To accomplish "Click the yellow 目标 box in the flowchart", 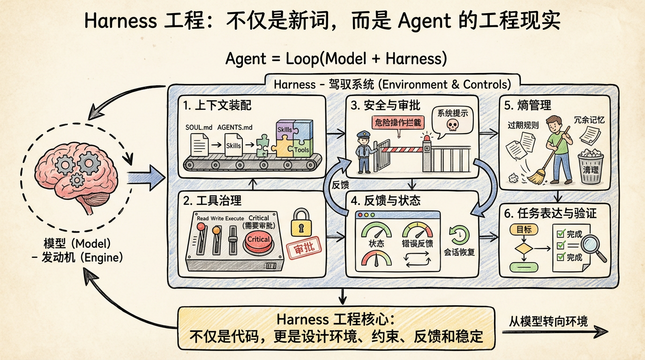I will tap(524, 229).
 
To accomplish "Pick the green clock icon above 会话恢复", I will tap(459, 234).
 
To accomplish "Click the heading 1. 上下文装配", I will tap(217, 105).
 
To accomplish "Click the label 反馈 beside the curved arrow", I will tap(341, 185).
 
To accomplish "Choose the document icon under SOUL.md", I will tap(198, 145).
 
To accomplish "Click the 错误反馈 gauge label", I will tap(418, 244).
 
